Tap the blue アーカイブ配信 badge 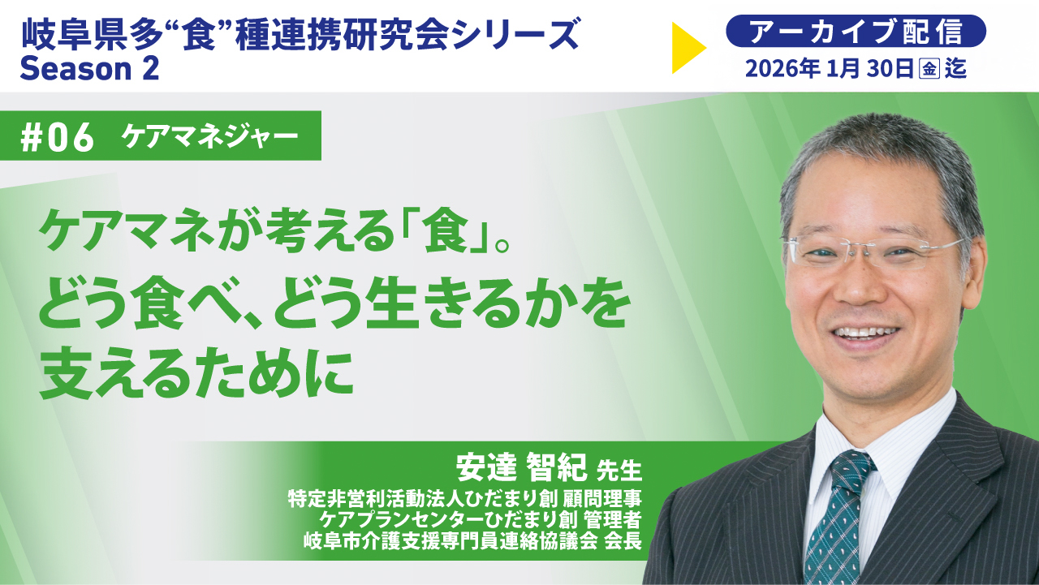coord(856,31)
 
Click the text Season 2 coord(89,69)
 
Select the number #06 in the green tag coord(58,138)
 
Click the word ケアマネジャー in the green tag coord(209,136)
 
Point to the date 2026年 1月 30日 coord(830,69)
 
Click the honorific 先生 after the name coord(619,470)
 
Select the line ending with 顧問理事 coord(465,499)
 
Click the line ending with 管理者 coord(481,519)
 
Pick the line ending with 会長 coord(472,540)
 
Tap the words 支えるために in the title coord(196,375)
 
